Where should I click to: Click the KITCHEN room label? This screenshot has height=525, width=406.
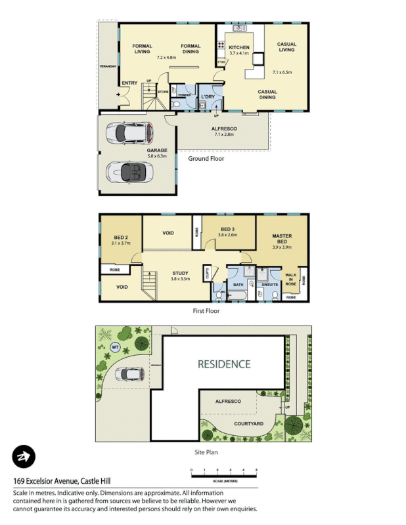(x=239, y=48)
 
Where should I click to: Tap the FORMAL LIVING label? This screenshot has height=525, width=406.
(x=143, y=49)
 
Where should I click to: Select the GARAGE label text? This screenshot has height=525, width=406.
(x=157, y=150)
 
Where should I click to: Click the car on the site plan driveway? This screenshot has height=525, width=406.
(x=129, y=374)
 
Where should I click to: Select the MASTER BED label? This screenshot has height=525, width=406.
(x=282, y=238)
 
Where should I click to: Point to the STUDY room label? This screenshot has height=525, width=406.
(x=181, y=273)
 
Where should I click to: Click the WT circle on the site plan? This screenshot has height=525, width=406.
(x=116, y=347)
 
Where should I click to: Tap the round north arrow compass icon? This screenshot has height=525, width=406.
(x=24, y=457)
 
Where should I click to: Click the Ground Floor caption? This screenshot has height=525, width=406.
(x=206, y=159)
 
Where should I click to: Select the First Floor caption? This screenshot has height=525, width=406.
(x=206, y=311)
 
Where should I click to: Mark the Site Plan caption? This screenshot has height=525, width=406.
(x=206, y=452)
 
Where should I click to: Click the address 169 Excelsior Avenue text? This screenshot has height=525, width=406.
(x=58, y=480)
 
